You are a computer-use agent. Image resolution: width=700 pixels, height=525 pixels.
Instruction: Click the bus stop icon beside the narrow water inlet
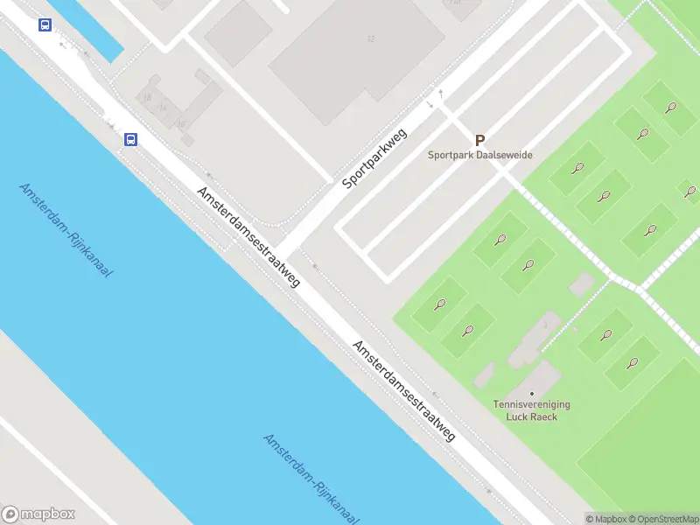point(45,25)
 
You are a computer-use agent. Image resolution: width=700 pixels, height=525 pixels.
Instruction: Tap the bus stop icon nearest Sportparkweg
point(130,139)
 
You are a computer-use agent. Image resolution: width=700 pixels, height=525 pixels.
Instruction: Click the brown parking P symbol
point(479,140)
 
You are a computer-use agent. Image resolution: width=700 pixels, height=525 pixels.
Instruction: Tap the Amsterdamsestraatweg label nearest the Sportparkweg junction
point(248,236)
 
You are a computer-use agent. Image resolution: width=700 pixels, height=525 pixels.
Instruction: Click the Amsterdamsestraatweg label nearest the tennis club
point(404,390)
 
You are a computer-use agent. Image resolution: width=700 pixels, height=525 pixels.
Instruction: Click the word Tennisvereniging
point(532,405)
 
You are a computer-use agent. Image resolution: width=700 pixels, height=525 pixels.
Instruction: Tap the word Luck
point(518,416)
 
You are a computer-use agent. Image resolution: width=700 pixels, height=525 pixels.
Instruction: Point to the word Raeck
point(543,416)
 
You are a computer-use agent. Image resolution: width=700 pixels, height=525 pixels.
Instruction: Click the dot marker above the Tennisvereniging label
point(531,393)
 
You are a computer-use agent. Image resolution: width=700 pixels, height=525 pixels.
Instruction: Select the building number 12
point(371,38)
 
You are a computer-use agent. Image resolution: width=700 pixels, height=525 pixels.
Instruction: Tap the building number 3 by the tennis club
point(545,325)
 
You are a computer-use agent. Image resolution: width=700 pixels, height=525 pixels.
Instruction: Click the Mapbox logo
point(38,514)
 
